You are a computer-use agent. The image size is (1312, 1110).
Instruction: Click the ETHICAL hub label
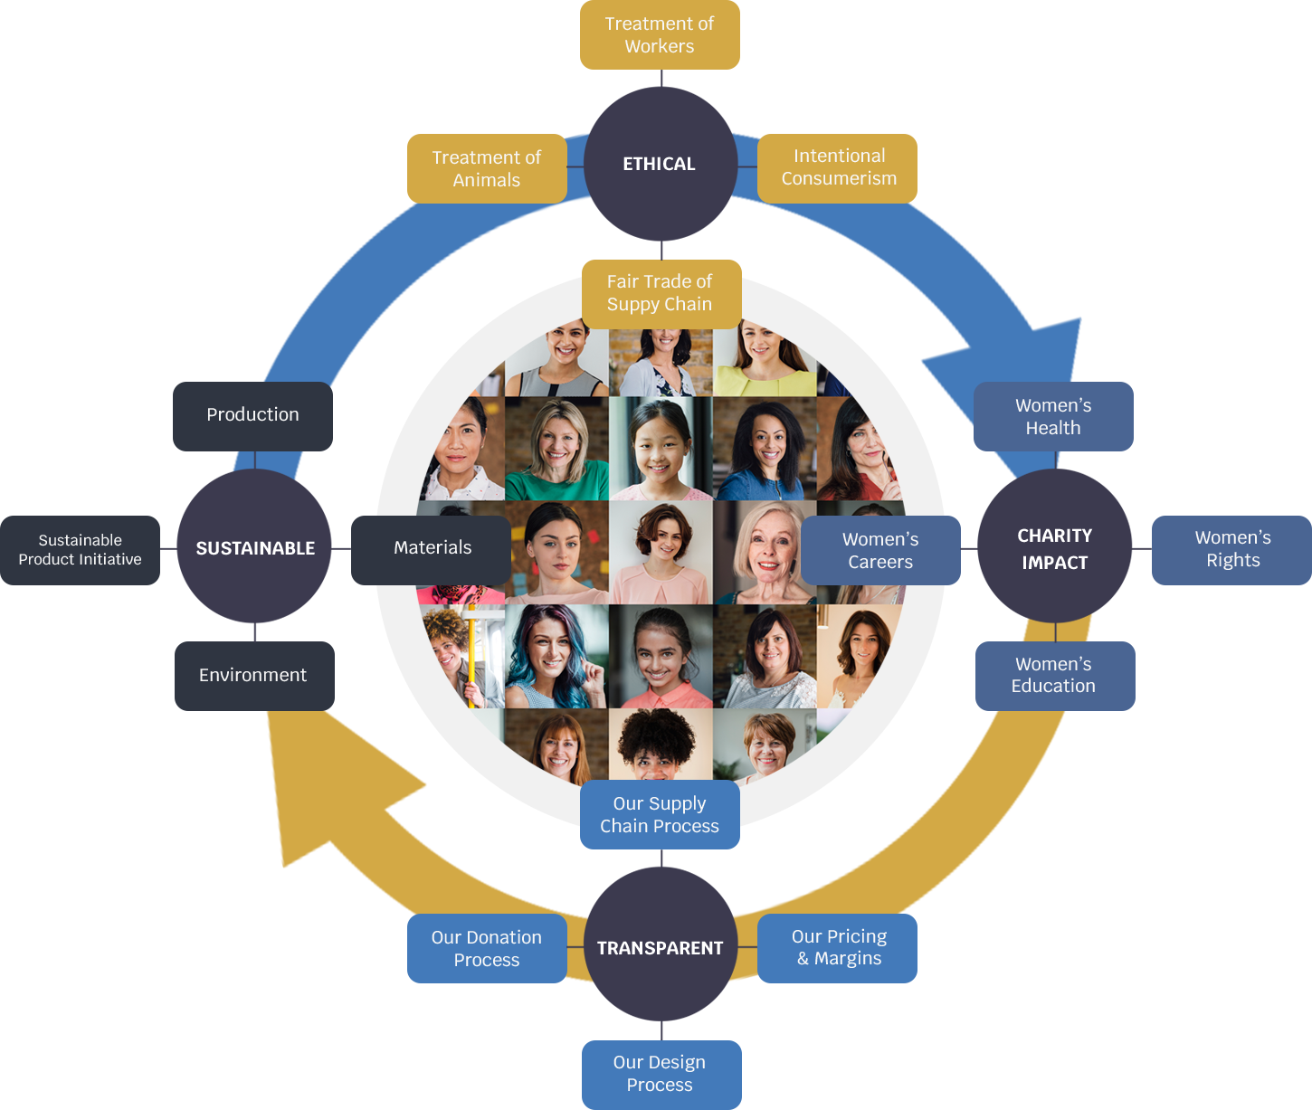(659, 165)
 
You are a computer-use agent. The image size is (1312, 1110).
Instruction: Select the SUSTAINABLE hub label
(255, 548)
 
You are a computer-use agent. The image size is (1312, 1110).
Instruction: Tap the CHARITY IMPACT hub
(1055, 548)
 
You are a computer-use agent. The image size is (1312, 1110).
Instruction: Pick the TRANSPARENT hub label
(660, 948)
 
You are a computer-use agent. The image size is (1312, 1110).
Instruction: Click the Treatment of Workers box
(660, 35)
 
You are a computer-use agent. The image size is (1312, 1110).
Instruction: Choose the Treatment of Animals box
(487, 168)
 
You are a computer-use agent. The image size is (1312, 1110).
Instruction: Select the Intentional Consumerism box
(839, 167)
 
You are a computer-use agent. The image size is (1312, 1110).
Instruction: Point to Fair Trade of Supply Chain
(660, 293)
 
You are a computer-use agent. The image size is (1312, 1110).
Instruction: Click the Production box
(252, 414)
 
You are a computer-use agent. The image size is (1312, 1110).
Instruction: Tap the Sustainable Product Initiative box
(81, 550)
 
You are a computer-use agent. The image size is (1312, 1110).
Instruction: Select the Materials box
(433, 548)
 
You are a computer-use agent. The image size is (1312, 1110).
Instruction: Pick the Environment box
(253, 676)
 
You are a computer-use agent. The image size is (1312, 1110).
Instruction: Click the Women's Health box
(1053, 416)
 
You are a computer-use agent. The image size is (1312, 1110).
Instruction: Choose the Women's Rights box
(1232, 549)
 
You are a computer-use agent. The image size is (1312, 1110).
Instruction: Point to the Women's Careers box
(880, 550)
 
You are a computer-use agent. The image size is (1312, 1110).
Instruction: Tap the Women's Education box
(1053, 675)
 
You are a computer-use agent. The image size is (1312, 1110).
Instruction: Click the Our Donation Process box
(487, 948)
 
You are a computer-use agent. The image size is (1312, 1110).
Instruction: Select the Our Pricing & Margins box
(839, 947)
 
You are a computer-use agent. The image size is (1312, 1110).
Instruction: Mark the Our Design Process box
(660, 1073)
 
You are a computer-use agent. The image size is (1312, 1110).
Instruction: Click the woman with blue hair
(554, 655)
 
